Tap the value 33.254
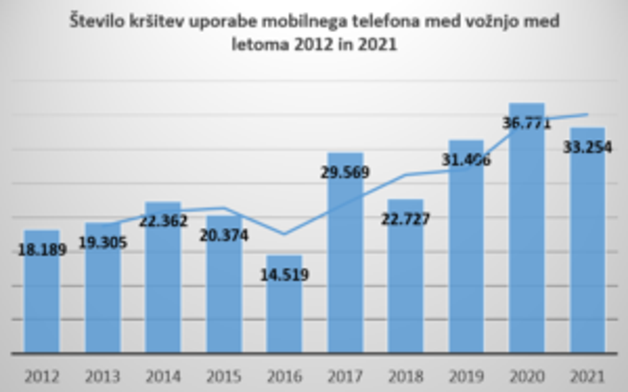(x=587, y=148)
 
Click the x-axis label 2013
(x=103, y=376)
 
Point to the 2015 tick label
(x=224, y=376)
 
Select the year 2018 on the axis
(x=406, y=376)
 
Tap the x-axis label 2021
(x=587, y=376)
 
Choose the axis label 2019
(x=466, y=376)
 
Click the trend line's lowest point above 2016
(x=284, y=234)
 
